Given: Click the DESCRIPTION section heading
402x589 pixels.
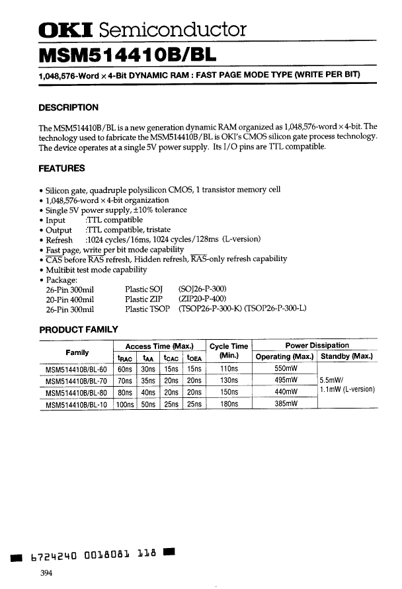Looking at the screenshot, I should [x=69, y=107].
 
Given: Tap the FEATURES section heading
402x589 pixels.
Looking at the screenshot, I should [x=62, y=168].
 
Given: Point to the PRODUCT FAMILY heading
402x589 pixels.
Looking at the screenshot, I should [x=79, y=329].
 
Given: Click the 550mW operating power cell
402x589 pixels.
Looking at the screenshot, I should [x=286, y=370].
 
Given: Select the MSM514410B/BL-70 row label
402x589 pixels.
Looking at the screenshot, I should [x=76, y=381].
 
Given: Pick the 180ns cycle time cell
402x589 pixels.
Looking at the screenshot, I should [x=229, y=403].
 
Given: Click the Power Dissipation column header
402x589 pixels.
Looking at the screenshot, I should [x=317, y=346].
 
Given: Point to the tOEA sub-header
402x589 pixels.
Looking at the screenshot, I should [x=194, y=358].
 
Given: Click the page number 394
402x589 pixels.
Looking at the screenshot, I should [x=46, y=572].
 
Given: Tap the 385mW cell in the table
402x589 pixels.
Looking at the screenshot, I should [x=286, y=403].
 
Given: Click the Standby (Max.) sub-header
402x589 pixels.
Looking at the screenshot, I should [x=347, y=357].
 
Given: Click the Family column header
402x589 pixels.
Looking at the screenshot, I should [x=77, y=352].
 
